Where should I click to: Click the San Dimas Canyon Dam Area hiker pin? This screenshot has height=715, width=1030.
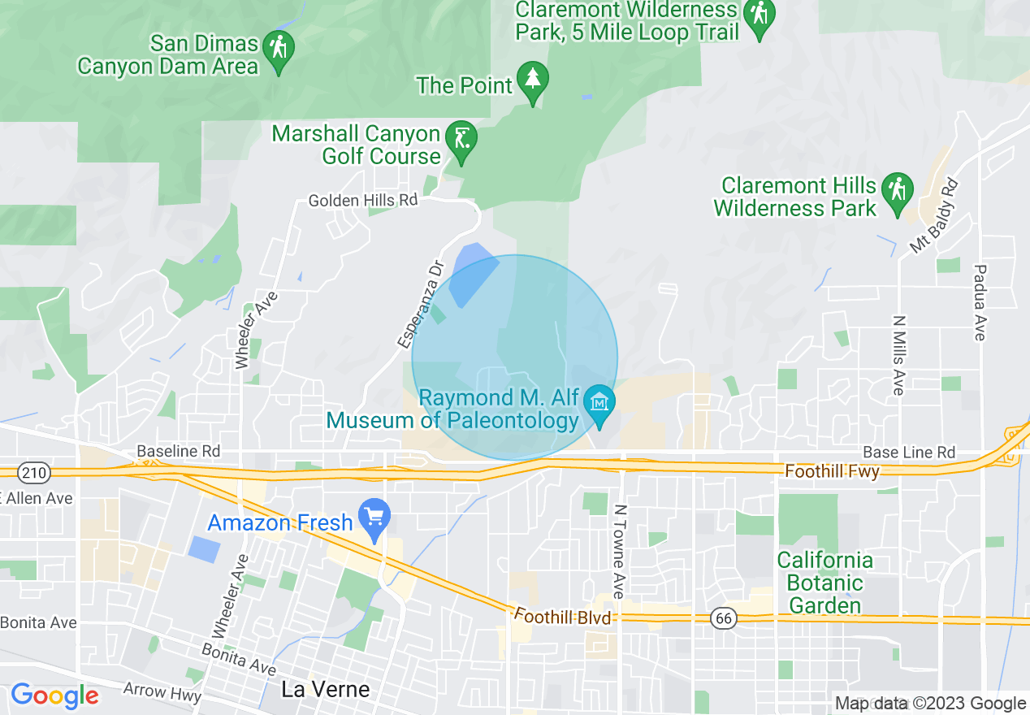point(279,51)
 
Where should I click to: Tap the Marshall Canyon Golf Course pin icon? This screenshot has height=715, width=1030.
point(462,141)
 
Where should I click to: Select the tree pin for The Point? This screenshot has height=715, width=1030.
point(533,80)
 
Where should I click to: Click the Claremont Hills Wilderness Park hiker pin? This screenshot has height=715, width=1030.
point(898,193)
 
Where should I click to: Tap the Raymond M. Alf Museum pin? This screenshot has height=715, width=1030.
point(600,405)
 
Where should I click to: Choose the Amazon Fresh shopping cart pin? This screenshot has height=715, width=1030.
point(374,518)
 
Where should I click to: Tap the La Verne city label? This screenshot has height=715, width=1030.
point(325,690)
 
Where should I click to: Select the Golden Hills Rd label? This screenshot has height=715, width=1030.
point(362,200)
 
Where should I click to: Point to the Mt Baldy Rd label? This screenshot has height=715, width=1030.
point(934,217)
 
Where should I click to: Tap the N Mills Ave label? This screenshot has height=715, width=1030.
point(898,355)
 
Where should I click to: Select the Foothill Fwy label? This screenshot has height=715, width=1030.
point(833,471)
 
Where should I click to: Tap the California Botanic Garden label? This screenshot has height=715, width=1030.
point(825,583)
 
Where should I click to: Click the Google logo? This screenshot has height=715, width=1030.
point(54,695)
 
